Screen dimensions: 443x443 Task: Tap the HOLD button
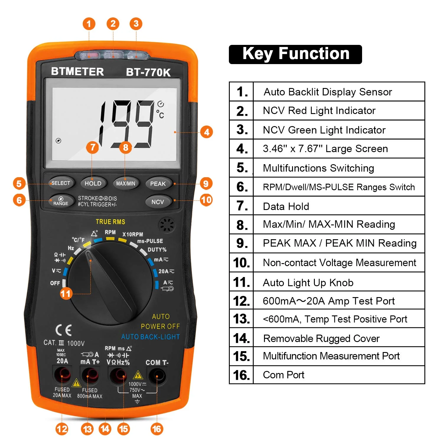coord(93,183)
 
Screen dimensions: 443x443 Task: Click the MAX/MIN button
coord(126,183)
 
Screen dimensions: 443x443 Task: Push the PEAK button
coord(158,184)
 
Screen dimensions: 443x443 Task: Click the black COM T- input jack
coord(157,376)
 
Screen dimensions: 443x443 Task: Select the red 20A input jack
coord(62,375)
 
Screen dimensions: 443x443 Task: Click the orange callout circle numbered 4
coord(206,132)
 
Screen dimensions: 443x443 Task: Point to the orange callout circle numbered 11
coord(66,294)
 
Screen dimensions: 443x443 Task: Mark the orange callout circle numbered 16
coord(157,429)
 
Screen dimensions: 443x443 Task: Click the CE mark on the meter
coord(63,330)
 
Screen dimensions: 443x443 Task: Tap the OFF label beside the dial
coord(55,283)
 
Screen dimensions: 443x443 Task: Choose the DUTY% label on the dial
coord(157,250)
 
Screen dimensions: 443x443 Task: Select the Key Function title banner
coord(295,54)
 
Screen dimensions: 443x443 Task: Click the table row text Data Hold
coord(286,206)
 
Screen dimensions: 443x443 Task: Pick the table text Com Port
coord(284,375)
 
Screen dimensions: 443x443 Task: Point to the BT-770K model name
coord(148,72)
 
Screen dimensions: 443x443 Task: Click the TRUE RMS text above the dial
coord(110,222)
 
